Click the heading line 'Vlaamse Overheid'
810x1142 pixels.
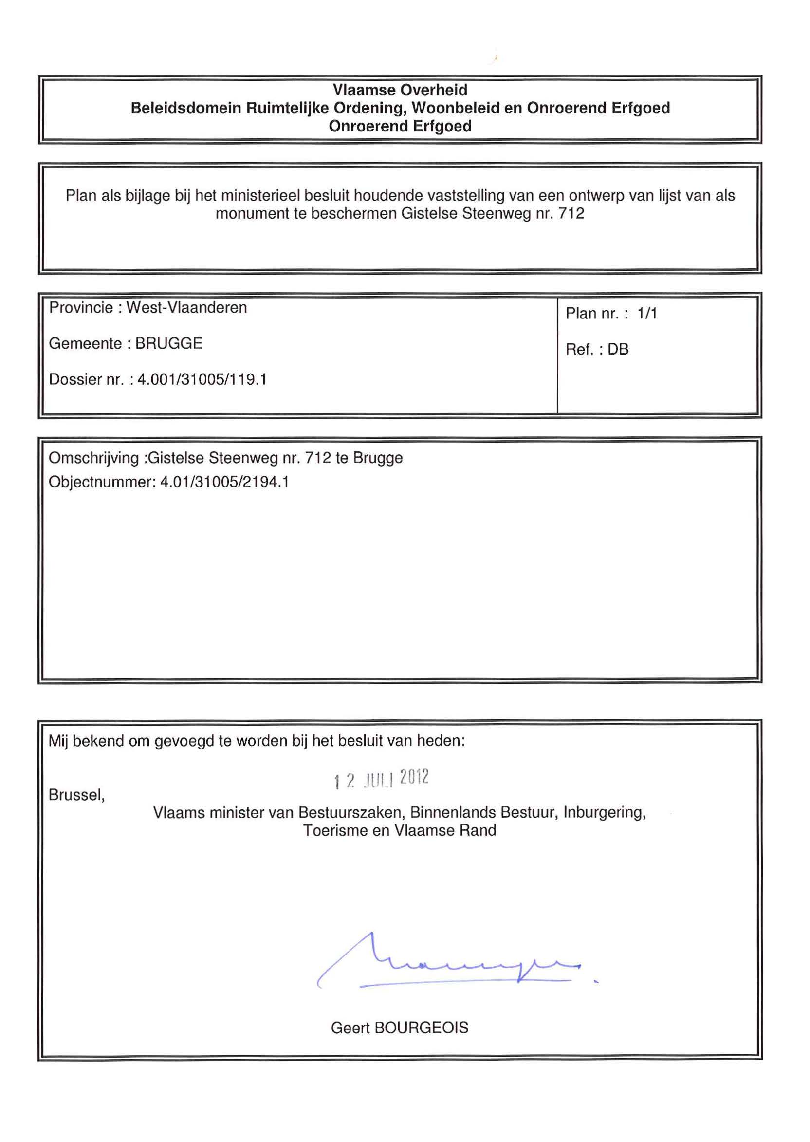(x=400, y=90)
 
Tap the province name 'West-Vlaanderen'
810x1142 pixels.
(x=186, y=308)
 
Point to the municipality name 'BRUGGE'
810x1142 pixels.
(x=168, y=344)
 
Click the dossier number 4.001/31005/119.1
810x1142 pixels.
(x=202, y=380)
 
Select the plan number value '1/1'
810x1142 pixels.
(x=647, y=314)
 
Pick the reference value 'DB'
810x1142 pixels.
(x=618, y=350)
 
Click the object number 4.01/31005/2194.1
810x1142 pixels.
(x=224, y=483)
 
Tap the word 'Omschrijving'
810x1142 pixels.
(x=94, y=458)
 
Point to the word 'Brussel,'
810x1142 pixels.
(x=77, y=795)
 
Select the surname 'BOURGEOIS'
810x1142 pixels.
(x=421, y=1028)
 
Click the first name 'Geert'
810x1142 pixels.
(x=350, y=1028)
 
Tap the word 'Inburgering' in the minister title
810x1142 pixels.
(x=604, y=813)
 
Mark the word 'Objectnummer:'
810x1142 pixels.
(x=102, y=483)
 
